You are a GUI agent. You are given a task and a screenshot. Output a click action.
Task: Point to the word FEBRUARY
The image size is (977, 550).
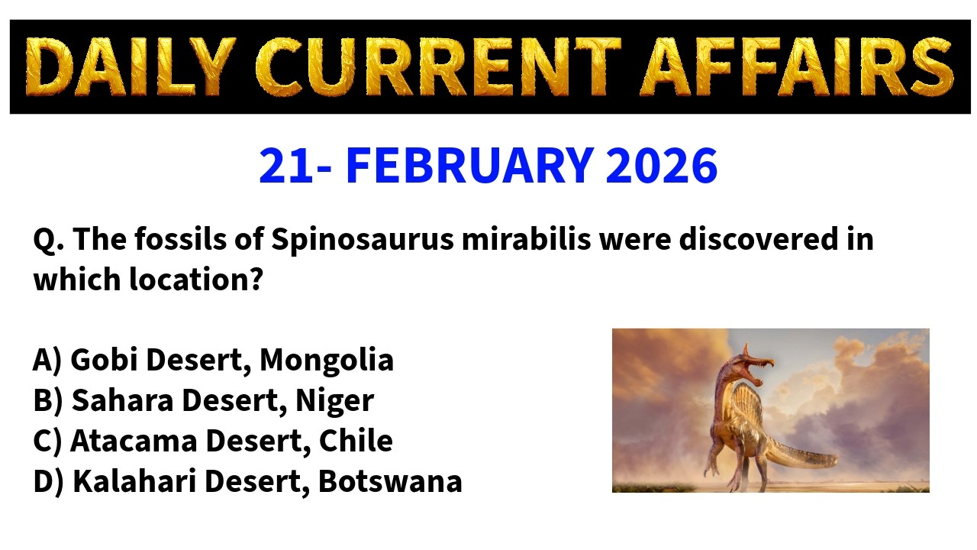pos(469,166)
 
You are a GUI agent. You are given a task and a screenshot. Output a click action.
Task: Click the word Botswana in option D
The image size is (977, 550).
pos(390,481)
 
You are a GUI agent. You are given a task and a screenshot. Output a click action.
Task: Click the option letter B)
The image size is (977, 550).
pos(47,400)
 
